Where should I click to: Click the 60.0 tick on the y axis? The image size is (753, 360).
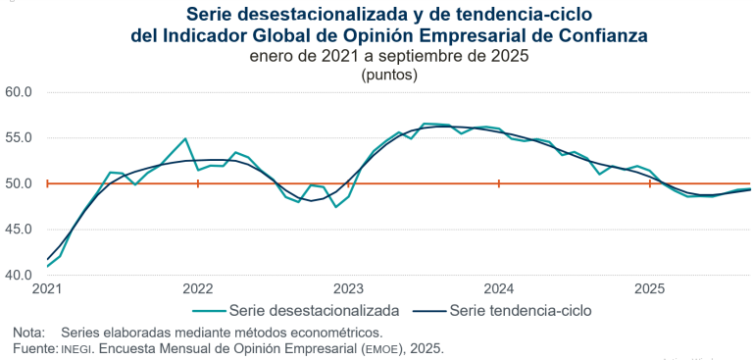[x=20, y=92]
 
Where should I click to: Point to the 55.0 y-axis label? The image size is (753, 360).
[x=20, y=138]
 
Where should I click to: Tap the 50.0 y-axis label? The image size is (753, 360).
[x=20, y=183]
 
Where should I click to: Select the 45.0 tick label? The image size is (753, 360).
[x=20, y=230]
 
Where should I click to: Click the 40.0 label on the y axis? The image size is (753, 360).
[x=20, y=275]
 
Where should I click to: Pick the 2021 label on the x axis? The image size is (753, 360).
[x=47, y=289]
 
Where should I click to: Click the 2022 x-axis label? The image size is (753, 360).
[x=198, y=289]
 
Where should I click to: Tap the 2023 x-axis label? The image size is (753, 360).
[x=349, y=289]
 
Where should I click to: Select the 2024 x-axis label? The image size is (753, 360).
[x=499, y=289]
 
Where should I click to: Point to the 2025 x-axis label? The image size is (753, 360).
[x=650, y=289]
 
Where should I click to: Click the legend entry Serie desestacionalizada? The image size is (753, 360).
[x=314, y=311]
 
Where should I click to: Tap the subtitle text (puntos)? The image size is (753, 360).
[x=389, y=74]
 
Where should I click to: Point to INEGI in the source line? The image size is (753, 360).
[x=78, y=349]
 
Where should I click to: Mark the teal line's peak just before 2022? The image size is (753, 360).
[x=185, y=139]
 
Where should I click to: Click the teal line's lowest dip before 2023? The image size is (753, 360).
[x=336, y=206]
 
